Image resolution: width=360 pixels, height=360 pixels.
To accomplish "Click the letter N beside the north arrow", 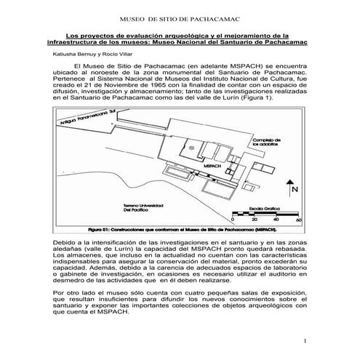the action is pyautogui.click(x=295, y=190).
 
